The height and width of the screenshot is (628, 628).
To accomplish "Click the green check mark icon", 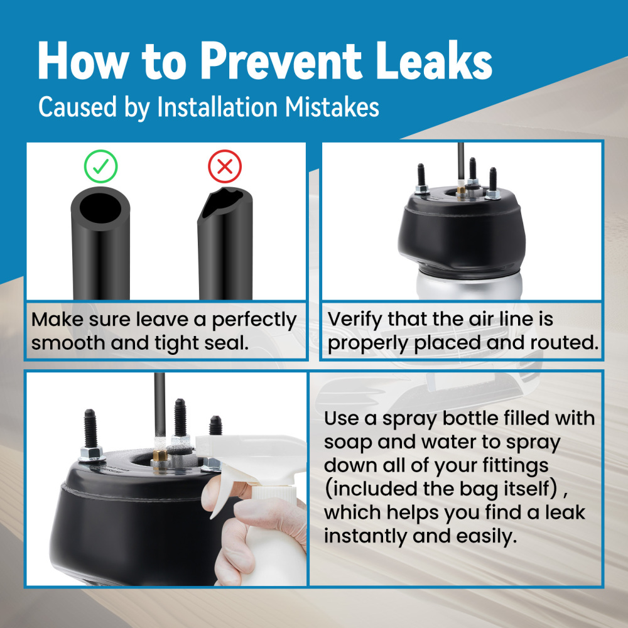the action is coord(100,166).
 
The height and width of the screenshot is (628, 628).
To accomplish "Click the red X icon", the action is coord(225,166).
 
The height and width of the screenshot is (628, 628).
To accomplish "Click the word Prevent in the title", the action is coord(281,61).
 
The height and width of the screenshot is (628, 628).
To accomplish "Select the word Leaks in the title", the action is coord(434,60).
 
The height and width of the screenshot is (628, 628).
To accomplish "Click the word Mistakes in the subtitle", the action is coord(332,107).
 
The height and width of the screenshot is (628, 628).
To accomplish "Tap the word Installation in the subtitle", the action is coord(217,107).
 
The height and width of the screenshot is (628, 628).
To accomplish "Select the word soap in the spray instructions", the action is coord(348,443).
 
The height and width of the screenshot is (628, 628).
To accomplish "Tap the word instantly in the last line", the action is coord(365,536).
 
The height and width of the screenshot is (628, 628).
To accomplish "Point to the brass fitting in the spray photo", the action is coord(160,456).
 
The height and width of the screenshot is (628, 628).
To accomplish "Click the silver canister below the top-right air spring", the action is coord(469,284).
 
